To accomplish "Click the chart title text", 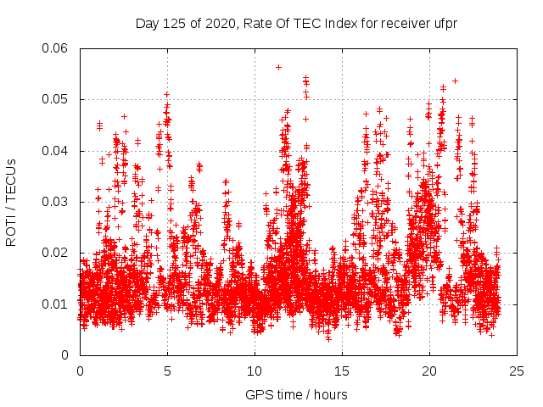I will click(296, 23).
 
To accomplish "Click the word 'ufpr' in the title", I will click(444, 23).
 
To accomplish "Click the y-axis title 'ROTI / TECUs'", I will click(12, 202).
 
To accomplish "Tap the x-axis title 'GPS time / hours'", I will click(296, 394).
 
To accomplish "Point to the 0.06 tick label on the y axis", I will click(57, 48).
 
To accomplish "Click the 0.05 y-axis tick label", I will click(57, 99).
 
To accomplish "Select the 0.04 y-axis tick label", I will click(57, 151).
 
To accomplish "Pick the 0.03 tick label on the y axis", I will click(57, 202).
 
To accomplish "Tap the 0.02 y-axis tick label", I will click(57, 253).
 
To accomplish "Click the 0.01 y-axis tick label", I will click(57, 304).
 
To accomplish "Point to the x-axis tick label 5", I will click(167, 371).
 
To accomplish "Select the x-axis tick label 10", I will click(255, 371).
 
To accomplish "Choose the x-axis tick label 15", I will click(342, 371).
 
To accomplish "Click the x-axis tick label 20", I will click(429, 371).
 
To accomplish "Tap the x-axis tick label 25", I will click(517, 371).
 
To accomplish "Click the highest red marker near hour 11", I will click(278, 67).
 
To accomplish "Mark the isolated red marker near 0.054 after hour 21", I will click(456, 81).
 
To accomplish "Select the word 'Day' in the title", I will click(147, 23).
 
